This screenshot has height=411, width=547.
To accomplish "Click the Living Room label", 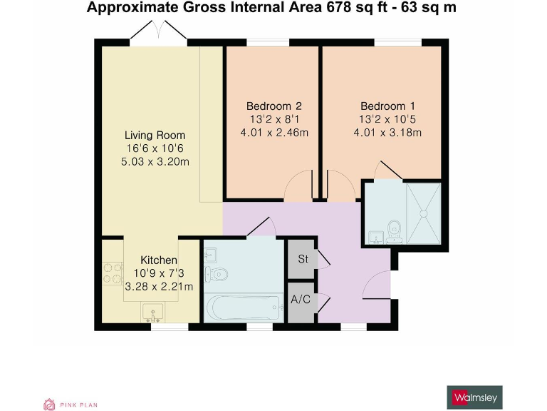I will click(x=155, y=135).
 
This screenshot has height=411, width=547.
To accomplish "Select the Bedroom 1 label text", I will click(x=387, y=105).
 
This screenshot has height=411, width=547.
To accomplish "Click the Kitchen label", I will click(x=159, y=260).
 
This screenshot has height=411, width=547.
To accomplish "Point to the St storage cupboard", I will click(x=302, y=259).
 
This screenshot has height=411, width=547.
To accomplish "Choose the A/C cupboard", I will click(x=301, y=299).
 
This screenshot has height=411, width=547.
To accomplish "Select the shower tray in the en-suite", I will click(x=423, y=212).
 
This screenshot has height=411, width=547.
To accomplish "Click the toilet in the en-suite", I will click(x=394, y=230).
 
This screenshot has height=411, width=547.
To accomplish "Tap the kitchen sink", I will click(x=154, y=313).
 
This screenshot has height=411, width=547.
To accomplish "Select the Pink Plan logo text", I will click(x=78, y=405).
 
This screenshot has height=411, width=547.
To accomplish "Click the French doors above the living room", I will click(x=159, y=33).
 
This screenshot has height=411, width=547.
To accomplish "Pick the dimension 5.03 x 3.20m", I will click(x=155, y=161).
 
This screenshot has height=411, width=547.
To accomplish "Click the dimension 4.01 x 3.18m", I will click(x=387, y=132).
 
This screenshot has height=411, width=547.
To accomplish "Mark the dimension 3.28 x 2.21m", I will click(x=159, y=287).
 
